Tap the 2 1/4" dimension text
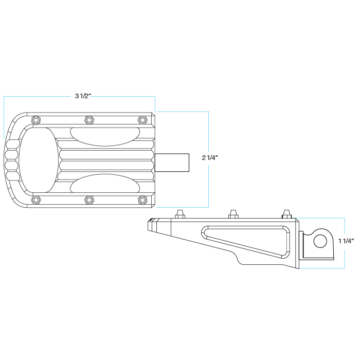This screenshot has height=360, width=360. pos(210,157)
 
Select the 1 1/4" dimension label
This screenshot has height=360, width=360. pos(346,241)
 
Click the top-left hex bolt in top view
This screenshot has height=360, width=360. pos(36,120)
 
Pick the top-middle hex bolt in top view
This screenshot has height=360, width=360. pos(89,120)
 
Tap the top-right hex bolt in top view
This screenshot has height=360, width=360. pos(142,120)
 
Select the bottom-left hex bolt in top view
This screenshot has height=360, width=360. pos(36,199)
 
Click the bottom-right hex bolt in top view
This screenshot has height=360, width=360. pos(142,199)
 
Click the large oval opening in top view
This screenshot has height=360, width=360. pos(39,159)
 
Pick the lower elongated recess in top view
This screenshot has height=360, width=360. pos(105,183)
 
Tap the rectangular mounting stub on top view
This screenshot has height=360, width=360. pos(172,163)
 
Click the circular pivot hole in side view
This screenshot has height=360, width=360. pos(320,241)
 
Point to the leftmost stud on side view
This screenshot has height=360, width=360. pos(180,214)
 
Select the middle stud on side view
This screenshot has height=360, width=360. pos(233,214)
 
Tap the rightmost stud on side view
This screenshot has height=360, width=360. pos(286,214)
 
